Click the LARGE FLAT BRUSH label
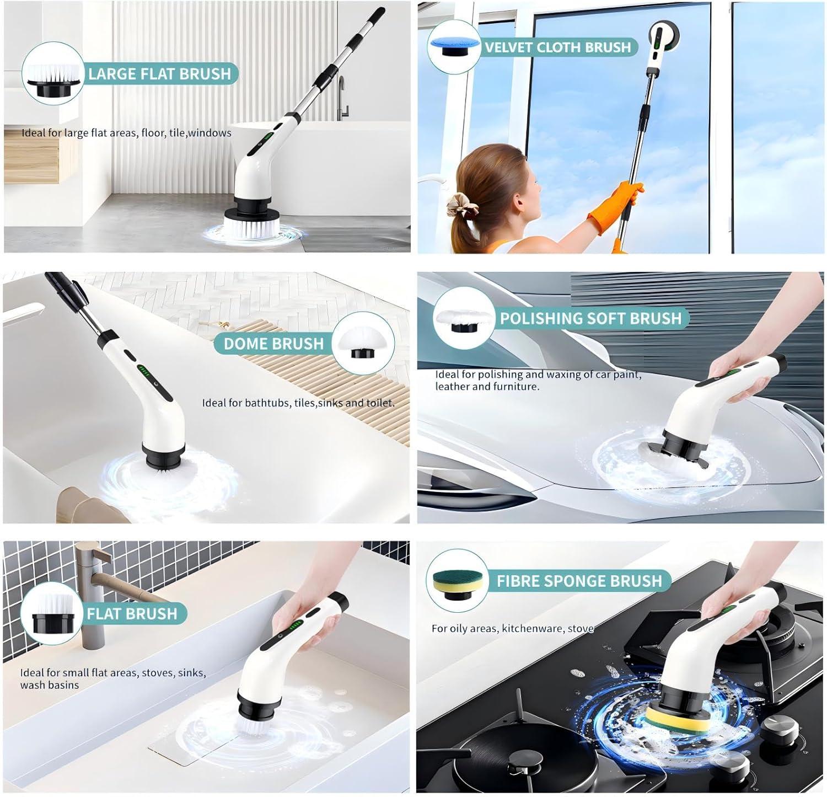[x=159, y=74]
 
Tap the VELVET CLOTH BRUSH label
[x=557, y=47]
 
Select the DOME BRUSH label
[x=273, y=344]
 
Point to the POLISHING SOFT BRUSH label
[x=590, y=318]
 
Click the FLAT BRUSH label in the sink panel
[x=132, y=614]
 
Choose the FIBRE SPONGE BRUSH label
[x=579, y=581]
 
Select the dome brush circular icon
[x=363, y=343]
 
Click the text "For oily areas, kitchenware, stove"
[x=512, y=628]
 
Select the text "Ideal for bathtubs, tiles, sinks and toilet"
[x=298, y=403]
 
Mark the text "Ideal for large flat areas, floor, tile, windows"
[x=126, y=133]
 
